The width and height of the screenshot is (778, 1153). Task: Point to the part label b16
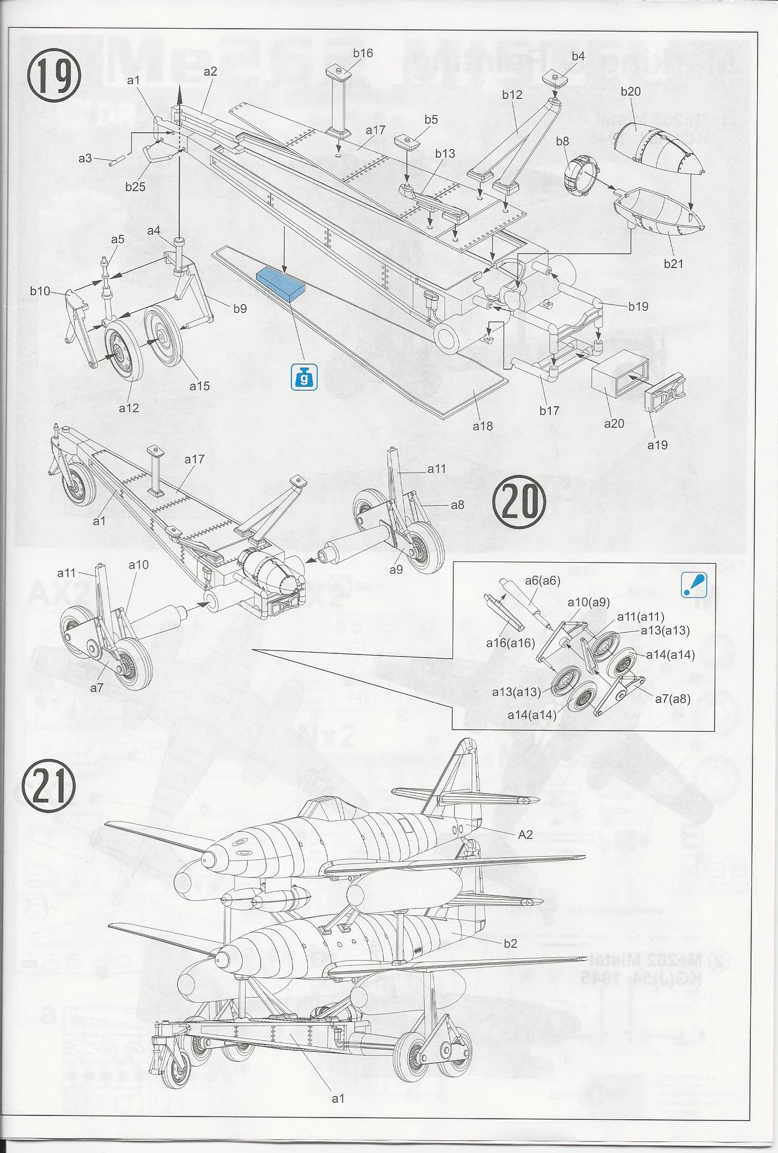(x=363, y=53)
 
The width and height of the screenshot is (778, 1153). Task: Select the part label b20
(x=630, y=91)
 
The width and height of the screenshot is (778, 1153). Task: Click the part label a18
(x=482, y=426)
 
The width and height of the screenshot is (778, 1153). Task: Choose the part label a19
(x=657, y=444)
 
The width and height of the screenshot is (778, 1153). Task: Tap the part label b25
(x=135, y=187)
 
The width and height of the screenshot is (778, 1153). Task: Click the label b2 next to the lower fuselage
(x=510, y=944)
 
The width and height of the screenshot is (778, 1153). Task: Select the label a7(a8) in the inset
(x=672, y=698)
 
